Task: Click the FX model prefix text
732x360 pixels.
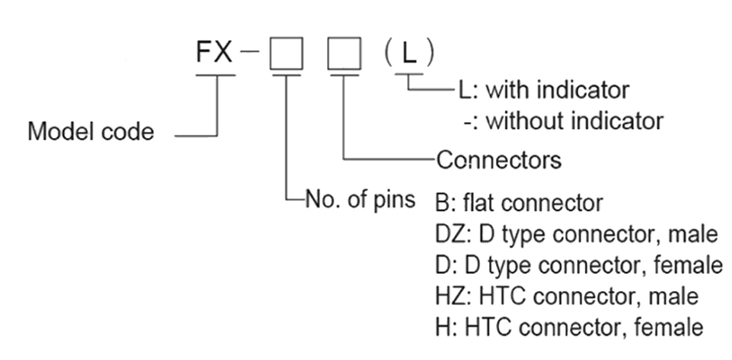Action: [x=214, y=53]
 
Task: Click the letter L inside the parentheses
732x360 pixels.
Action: [x=409, y=54]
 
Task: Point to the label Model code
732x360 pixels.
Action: [x=91, y=131]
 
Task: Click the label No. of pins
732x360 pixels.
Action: [x=361, y=199]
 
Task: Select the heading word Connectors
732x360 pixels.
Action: [x=498, y=160]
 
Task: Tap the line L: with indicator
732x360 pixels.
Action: [x=544, y=90]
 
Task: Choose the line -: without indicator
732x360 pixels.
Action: [x=563, y=120]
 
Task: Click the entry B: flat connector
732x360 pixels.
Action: [x=519, y=203]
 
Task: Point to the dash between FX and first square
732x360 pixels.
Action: [x=249, y=54]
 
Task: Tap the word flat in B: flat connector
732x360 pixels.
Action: [x=483, y=203]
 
